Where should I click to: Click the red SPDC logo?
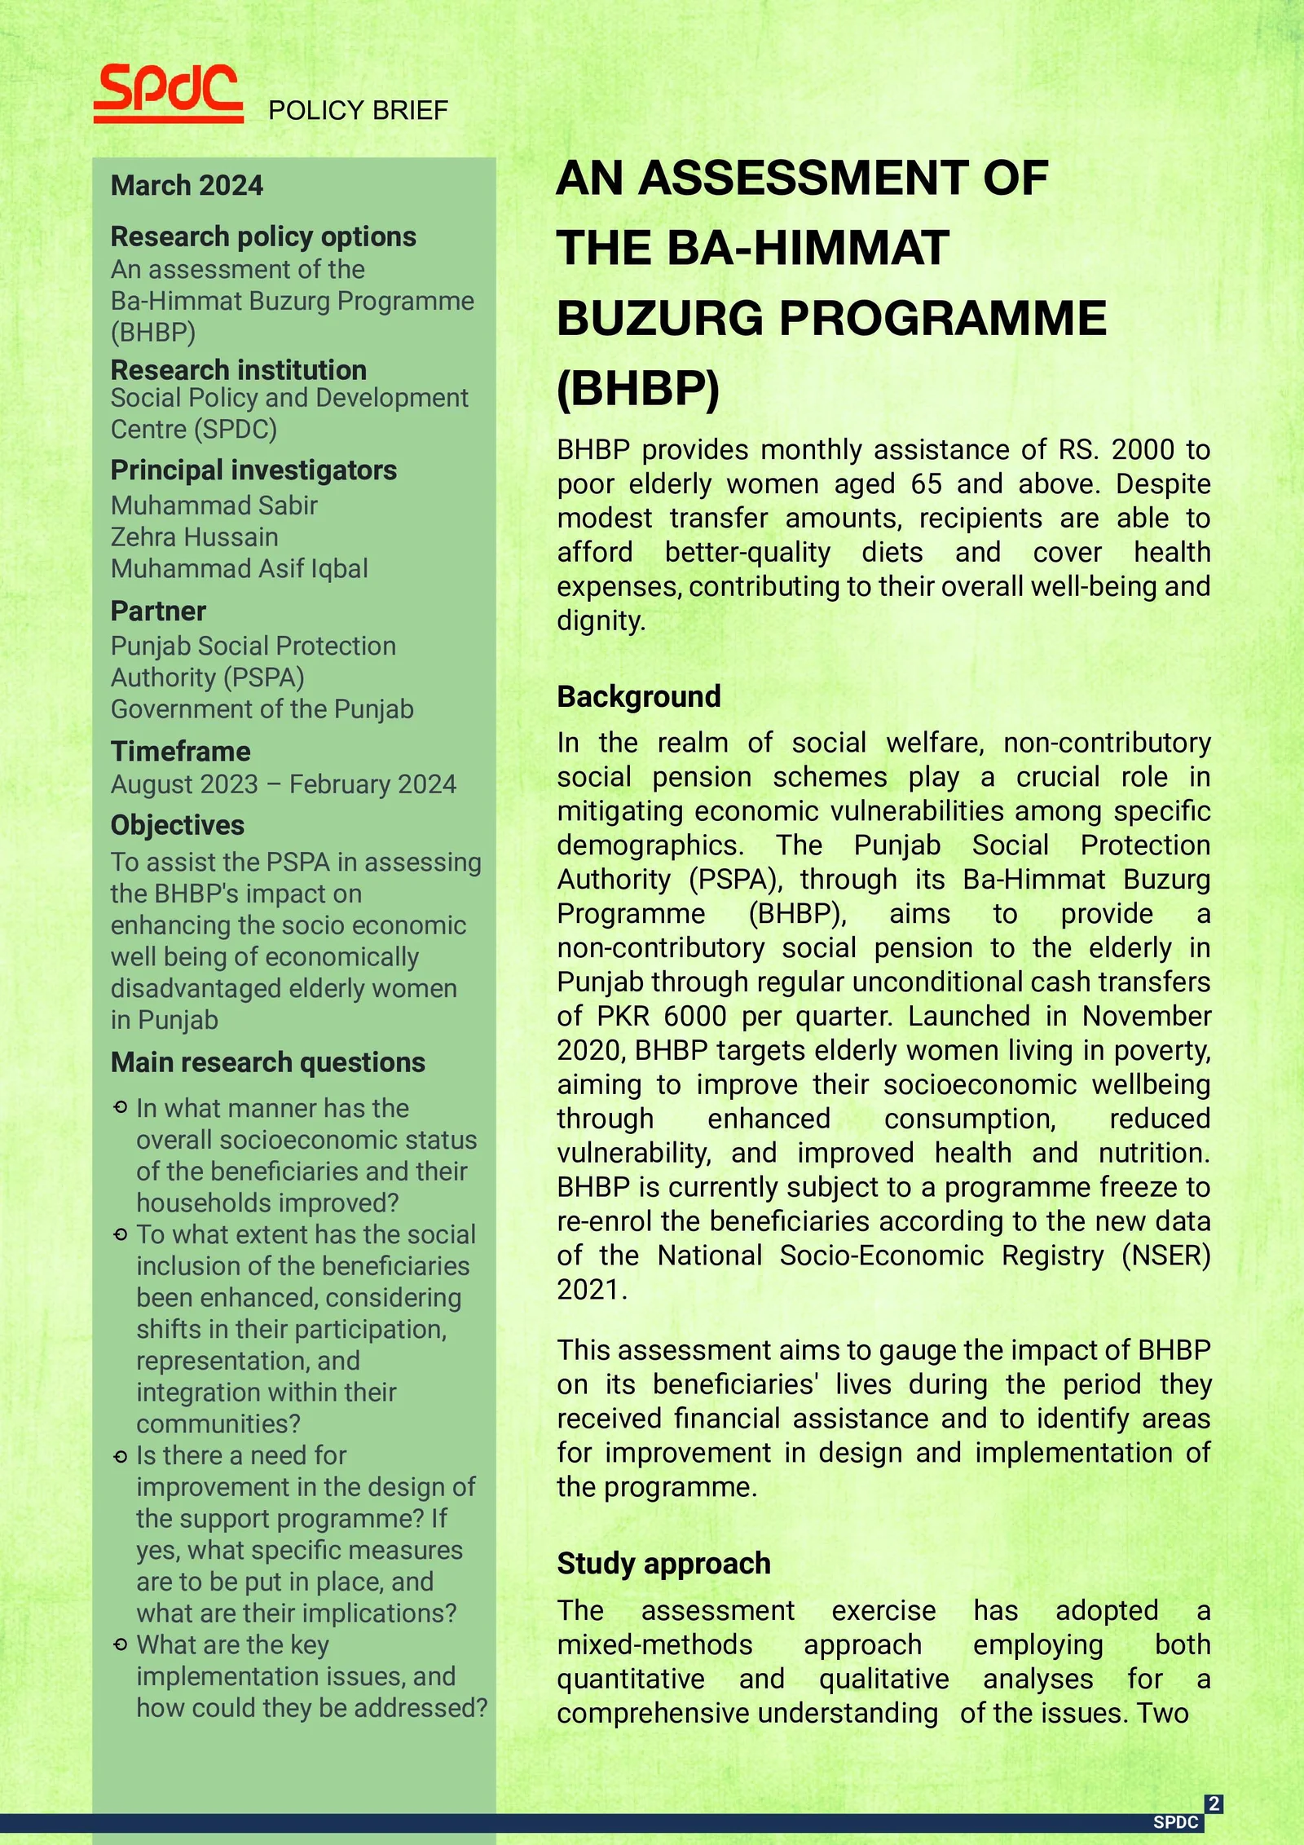click(x=168, y=92)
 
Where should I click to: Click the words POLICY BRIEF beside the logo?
click(x=358, y=110)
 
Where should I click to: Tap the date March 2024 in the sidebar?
click(x=187, y=185)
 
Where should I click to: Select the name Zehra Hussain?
click(x=194, y=536)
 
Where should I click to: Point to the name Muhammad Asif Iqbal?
click(x=239, y=568)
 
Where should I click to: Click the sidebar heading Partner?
click(x=158, y=611)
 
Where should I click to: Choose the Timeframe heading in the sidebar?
click(x=180, y=751)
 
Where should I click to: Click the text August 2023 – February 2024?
click(x=283, y=783)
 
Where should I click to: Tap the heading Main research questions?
click(x=267, y=1062)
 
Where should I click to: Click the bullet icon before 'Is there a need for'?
click(x=121, y=1456)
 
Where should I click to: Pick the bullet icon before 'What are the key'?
click(x=121, y=1645)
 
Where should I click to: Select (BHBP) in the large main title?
click(x=638, y=388)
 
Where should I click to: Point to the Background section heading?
click(x=638, y=696)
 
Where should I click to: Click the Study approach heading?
click(x=663, y=1563)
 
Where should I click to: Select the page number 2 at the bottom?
click(x=1214, y=1803)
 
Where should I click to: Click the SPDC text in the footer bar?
click(x=1175, y=1822)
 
